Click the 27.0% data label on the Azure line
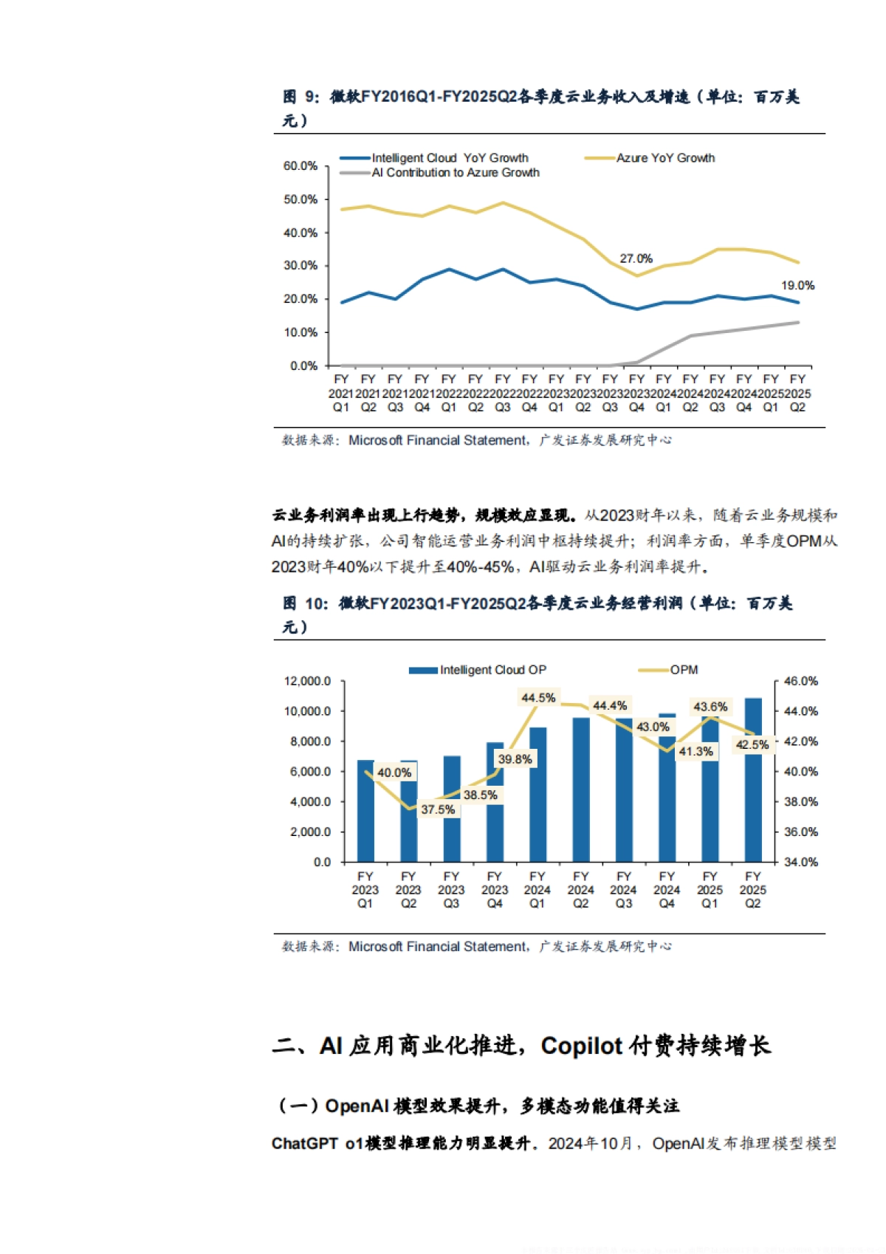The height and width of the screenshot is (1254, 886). (x=636, y=258)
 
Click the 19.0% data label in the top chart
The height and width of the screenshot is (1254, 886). (x=797, y=285)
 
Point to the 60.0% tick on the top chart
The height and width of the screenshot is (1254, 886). (x=301, y=166)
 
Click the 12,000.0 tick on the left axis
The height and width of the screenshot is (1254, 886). (x=307, y=681)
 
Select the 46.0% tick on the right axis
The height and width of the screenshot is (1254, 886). (x=800, y=681)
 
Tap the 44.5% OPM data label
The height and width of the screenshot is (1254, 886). (x=538, y=698)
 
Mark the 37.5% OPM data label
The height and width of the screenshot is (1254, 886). (x=438, y=809)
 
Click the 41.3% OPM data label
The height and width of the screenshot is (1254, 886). (x=696, y=751)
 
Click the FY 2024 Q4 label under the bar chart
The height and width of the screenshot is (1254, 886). (x=667, y=890)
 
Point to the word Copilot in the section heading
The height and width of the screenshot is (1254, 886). (x=582, y=1046)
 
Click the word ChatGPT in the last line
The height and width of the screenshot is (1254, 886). (x=304, y=1143)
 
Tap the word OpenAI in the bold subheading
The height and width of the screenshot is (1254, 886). (x=357, y=1106)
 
